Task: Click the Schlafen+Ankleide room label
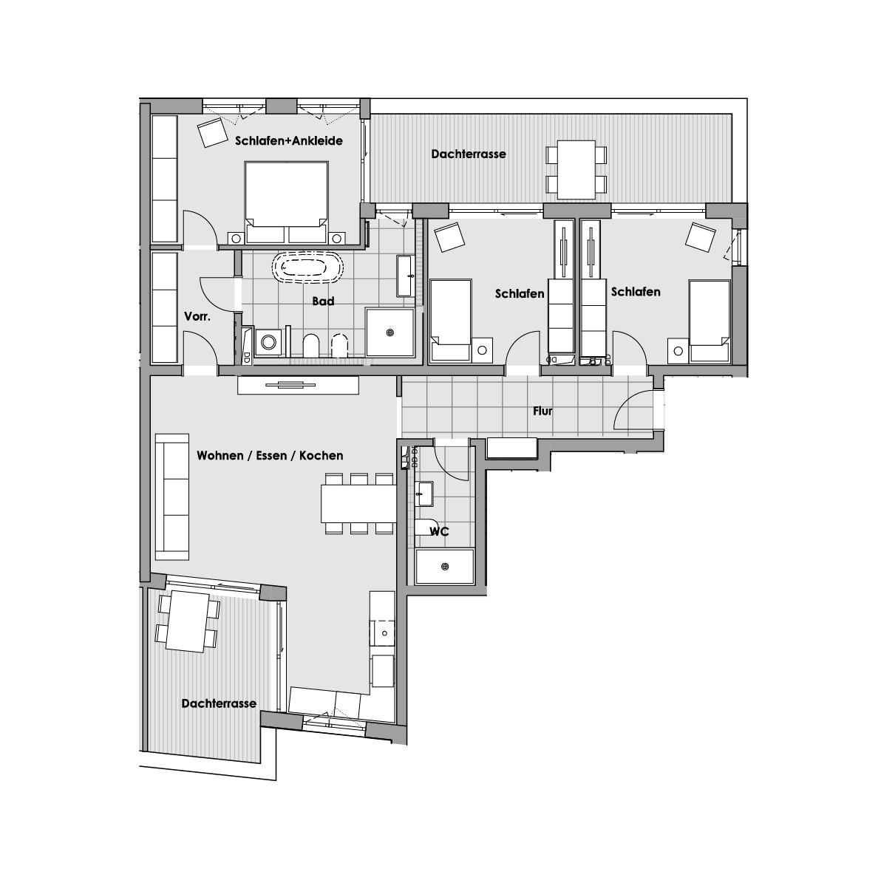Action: (289, 141)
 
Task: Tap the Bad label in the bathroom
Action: (323, 301)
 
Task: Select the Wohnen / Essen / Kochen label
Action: (270, 455)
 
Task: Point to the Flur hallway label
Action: (542, 411)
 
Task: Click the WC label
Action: (439, 531)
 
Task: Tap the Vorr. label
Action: (197, 317)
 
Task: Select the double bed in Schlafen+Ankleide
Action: (287, 202)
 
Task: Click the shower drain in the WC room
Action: (445, 567)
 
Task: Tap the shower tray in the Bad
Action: (390, 332)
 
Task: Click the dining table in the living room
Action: (358, 504)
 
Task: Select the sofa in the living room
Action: (172, 497)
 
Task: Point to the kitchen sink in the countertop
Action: (385, 633)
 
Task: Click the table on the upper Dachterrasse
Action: (576, 170)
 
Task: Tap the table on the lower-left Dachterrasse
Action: (188, 621)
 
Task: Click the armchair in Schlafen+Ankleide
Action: (212, 132)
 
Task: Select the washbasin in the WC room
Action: (424, 494)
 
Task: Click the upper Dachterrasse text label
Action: (469, 154)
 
